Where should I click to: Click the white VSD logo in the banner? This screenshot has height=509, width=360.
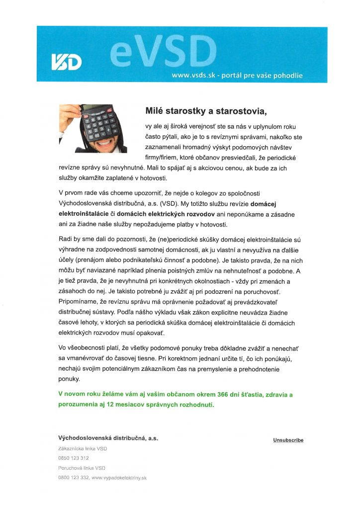67,61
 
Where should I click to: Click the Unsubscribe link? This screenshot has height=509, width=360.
288,440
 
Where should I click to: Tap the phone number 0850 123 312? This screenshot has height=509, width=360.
74,458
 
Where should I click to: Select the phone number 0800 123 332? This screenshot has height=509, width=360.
74,478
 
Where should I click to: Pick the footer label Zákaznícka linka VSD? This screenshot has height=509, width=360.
83,448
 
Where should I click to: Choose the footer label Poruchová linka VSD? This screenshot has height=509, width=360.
82,468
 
